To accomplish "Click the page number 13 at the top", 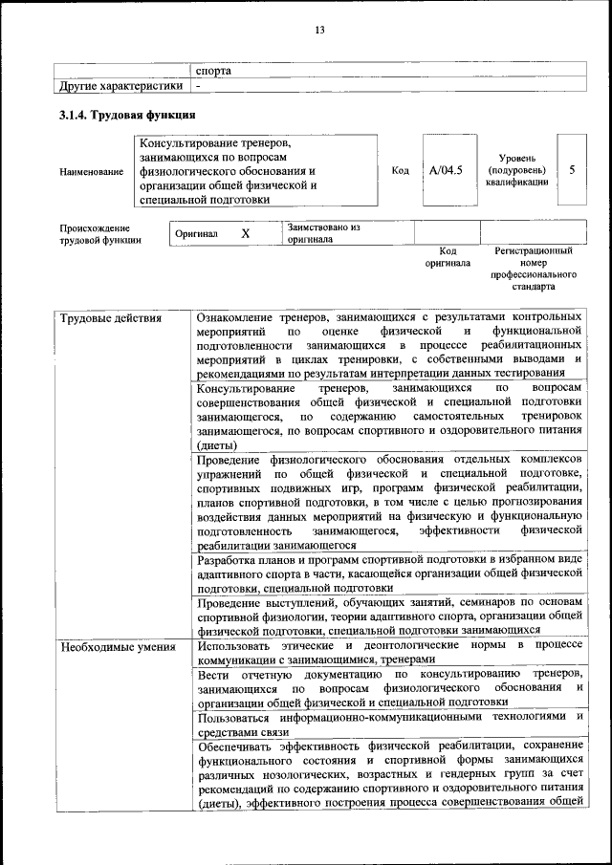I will click(x=320, y=31).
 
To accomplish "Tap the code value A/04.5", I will click(x=446, y=170).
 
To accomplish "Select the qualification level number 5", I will click(x=572, y=169).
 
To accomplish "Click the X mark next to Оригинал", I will click(x=245, y=233).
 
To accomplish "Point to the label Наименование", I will click(x=92, y=171).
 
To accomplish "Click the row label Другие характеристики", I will click(x=120, y=86).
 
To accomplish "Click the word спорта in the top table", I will click(x=214, y=71).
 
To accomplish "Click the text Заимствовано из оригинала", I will click(x=323, y=233).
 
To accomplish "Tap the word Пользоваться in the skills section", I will click(x=243, y=717).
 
